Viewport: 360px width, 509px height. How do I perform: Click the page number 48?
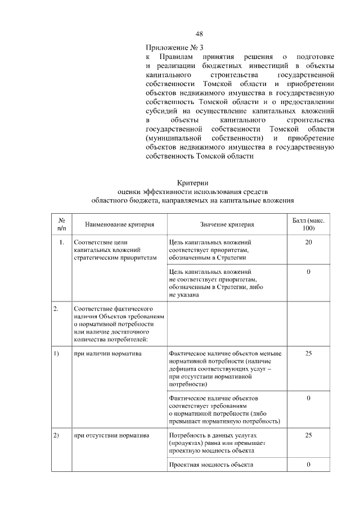[199, 33]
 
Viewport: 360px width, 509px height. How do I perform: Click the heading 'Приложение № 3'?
[171, 47]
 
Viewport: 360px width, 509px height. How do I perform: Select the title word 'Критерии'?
[193, 182]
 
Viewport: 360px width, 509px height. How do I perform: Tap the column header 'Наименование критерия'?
[119, 224]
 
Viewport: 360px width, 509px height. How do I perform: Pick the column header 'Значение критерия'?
[226, 224]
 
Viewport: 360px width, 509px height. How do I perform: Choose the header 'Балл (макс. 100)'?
[308, 224]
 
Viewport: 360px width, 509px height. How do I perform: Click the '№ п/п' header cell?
[62, 224]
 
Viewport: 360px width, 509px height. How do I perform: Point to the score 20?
[308, 242]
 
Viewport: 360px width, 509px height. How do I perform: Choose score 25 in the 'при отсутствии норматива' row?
[308, 435]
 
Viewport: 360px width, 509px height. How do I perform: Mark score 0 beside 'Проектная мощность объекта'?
[308, 465]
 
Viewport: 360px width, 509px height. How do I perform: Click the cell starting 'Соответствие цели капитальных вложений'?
[113, 250]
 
